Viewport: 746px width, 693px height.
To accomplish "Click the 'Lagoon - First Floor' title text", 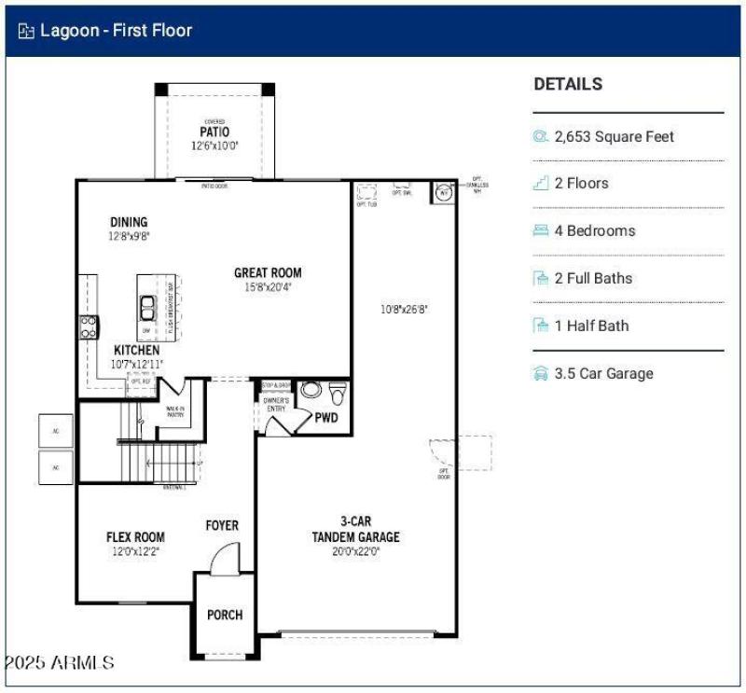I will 116,31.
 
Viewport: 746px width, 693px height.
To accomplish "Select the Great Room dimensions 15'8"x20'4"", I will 268,287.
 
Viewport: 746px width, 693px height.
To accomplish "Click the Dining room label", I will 129,222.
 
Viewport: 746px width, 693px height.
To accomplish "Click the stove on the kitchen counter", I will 89,326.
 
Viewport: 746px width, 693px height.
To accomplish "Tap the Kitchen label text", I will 136,350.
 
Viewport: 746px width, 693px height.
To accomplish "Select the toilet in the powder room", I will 338,390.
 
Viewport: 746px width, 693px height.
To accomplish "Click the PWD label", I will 326,418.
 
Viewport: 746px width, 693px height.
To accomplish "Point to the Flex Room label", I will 135,537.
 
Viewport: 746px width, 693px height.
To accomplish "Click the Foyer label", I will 222,525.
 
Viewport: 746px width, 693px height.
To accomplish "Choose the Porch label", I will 225,615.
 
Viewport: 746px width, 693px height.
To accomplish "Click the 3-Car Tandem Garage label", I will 355,529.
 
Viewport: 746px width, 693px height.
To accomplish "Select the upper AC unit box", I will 55,430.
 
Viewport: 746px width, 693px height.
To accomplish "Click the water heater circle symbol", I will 443,193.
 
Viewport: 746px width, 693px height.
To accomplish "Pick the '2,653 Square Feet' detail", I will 614,136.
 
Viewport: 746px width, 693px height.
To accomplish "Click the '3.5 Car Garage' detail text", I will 603,373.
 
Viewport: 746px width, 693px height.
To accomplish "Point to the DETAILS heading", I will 568,84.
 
